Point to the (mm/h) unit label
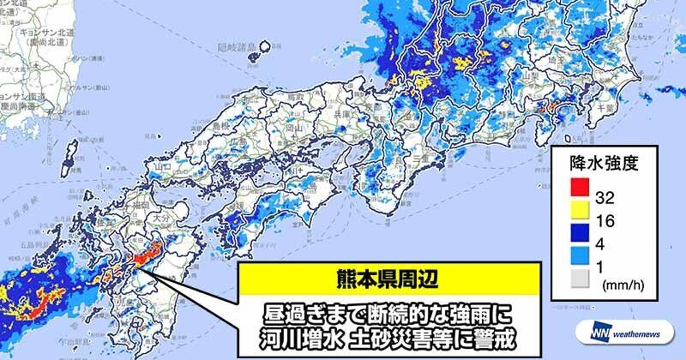click(x=617, y=283)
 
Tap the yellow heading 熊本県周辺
click(x=389, y=280)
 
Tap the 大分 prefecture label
click(x=154, y=218)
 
